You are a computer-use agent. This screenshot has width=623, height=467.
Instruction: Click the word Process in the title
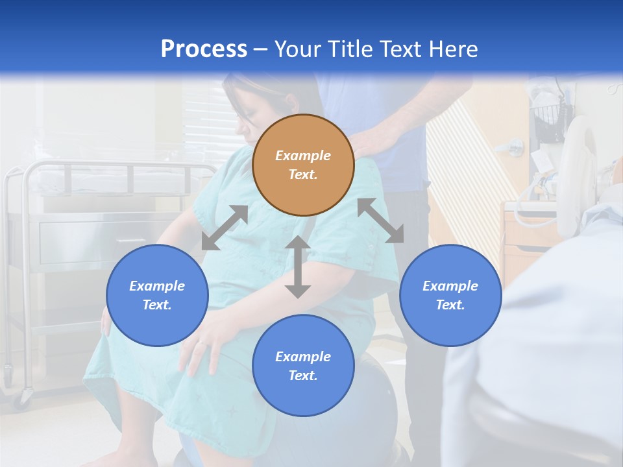204,49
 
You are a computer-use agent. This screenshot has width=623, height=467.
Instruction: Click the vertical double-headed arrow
298,267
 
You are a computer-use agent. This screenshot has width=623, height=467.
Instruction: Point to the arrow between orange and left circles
225,228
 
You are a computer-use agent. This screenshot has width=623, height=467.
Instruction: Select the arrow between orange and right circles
380,221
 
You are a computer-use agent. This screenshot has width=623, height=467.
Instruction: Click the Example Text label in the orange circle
303,165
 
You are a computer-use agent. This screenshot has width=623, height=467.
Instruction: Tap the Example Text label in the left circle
157,295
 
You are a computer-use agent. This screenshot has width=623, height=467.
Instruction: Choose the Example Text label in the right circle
450,295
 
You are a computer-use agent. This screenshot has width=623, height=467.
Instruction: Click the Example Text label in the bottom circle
303,366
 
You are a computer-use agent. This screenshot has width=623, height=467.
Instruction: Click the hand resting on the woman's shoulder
373,139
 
